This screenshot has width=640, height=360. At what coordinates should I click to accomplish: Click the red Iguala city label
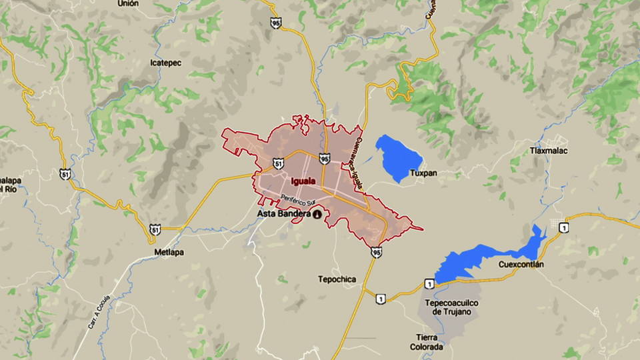304,181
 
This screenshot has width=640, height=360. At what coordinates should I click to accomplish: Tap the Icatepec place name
166,62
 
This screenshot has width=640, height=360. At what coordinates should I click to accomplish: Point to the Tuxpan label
424,173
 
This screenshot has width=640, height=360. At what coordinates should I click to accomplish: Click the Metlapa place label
169,253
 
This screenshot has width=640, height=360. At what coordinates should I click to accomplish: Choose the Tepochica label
337,279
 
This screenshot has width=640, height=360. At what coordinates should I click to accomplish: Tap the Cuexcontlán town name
521,264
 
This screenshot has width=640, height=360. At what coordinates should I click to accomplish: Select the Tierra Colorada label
428,341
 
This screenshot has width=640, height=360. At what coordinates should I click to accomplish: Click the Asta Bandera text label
284,213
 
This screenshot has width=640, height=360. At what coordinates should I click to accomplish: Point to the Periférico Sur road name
296,198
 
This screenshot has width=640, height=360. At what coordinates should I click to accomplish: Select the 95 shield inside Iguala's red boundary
324,159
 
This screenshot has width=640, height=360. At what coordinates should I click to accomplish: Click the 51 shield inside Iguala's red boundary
278,163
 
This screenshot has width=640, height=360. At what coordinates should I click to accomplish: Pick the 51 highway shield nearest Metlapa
155,230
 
